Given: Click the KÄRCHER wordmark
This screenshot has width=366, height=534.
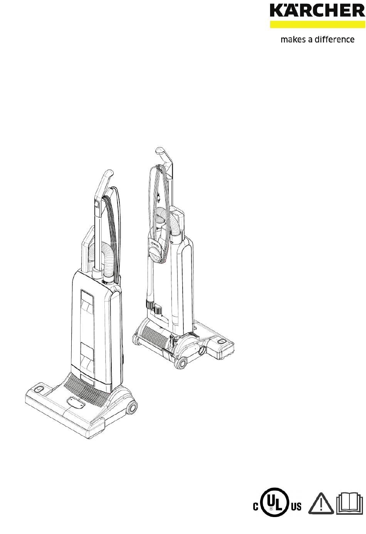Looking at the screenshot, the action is (317, 10).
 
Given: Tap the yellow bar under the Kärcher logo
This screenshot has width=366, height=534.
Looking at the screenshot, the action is (317, 25).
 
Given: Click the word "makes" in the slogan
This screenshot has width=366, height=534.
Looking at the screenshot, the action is (293, 39).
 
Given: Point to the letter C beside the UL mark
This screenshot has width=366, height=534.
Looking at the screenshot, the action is (255, 506).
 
